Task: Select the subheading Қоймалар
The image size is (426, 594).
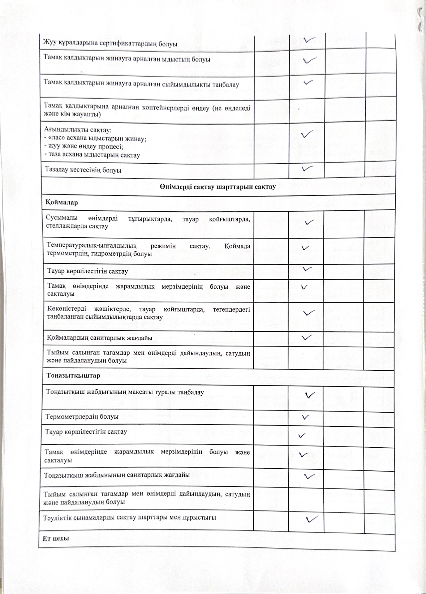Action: [x=62, y=202]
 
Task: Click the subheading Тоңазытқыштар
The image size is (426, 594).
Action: [x=73, y=375]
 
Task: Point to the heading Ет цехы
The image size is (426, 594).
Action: [x=56, y=538]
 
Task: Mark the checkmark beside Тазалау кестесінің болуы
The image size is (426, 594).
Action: [x=307, y=168]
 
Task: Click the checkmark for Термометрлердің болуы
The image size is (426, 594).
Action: [x=306, y=417]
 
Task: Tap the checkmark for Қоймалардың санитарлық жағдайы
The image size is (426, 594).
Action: [x=306, y=337]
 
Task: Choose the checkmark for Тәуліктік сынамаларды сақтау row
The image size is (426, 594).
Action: [x=311, y=519]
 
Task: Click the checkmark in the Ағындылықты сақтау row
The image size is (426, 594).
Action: [x=306, y=134]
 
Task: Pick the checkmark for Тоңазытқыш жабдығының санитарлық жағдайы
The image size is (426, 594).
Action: [x=309, y=476]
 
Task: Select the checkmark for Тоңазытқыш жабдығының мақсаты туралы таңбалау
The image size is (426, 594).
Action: [x=310, y=395]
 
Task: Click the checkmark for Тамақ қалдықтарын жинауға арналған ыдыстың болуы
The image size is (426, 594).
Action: [x=310, y=60]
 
